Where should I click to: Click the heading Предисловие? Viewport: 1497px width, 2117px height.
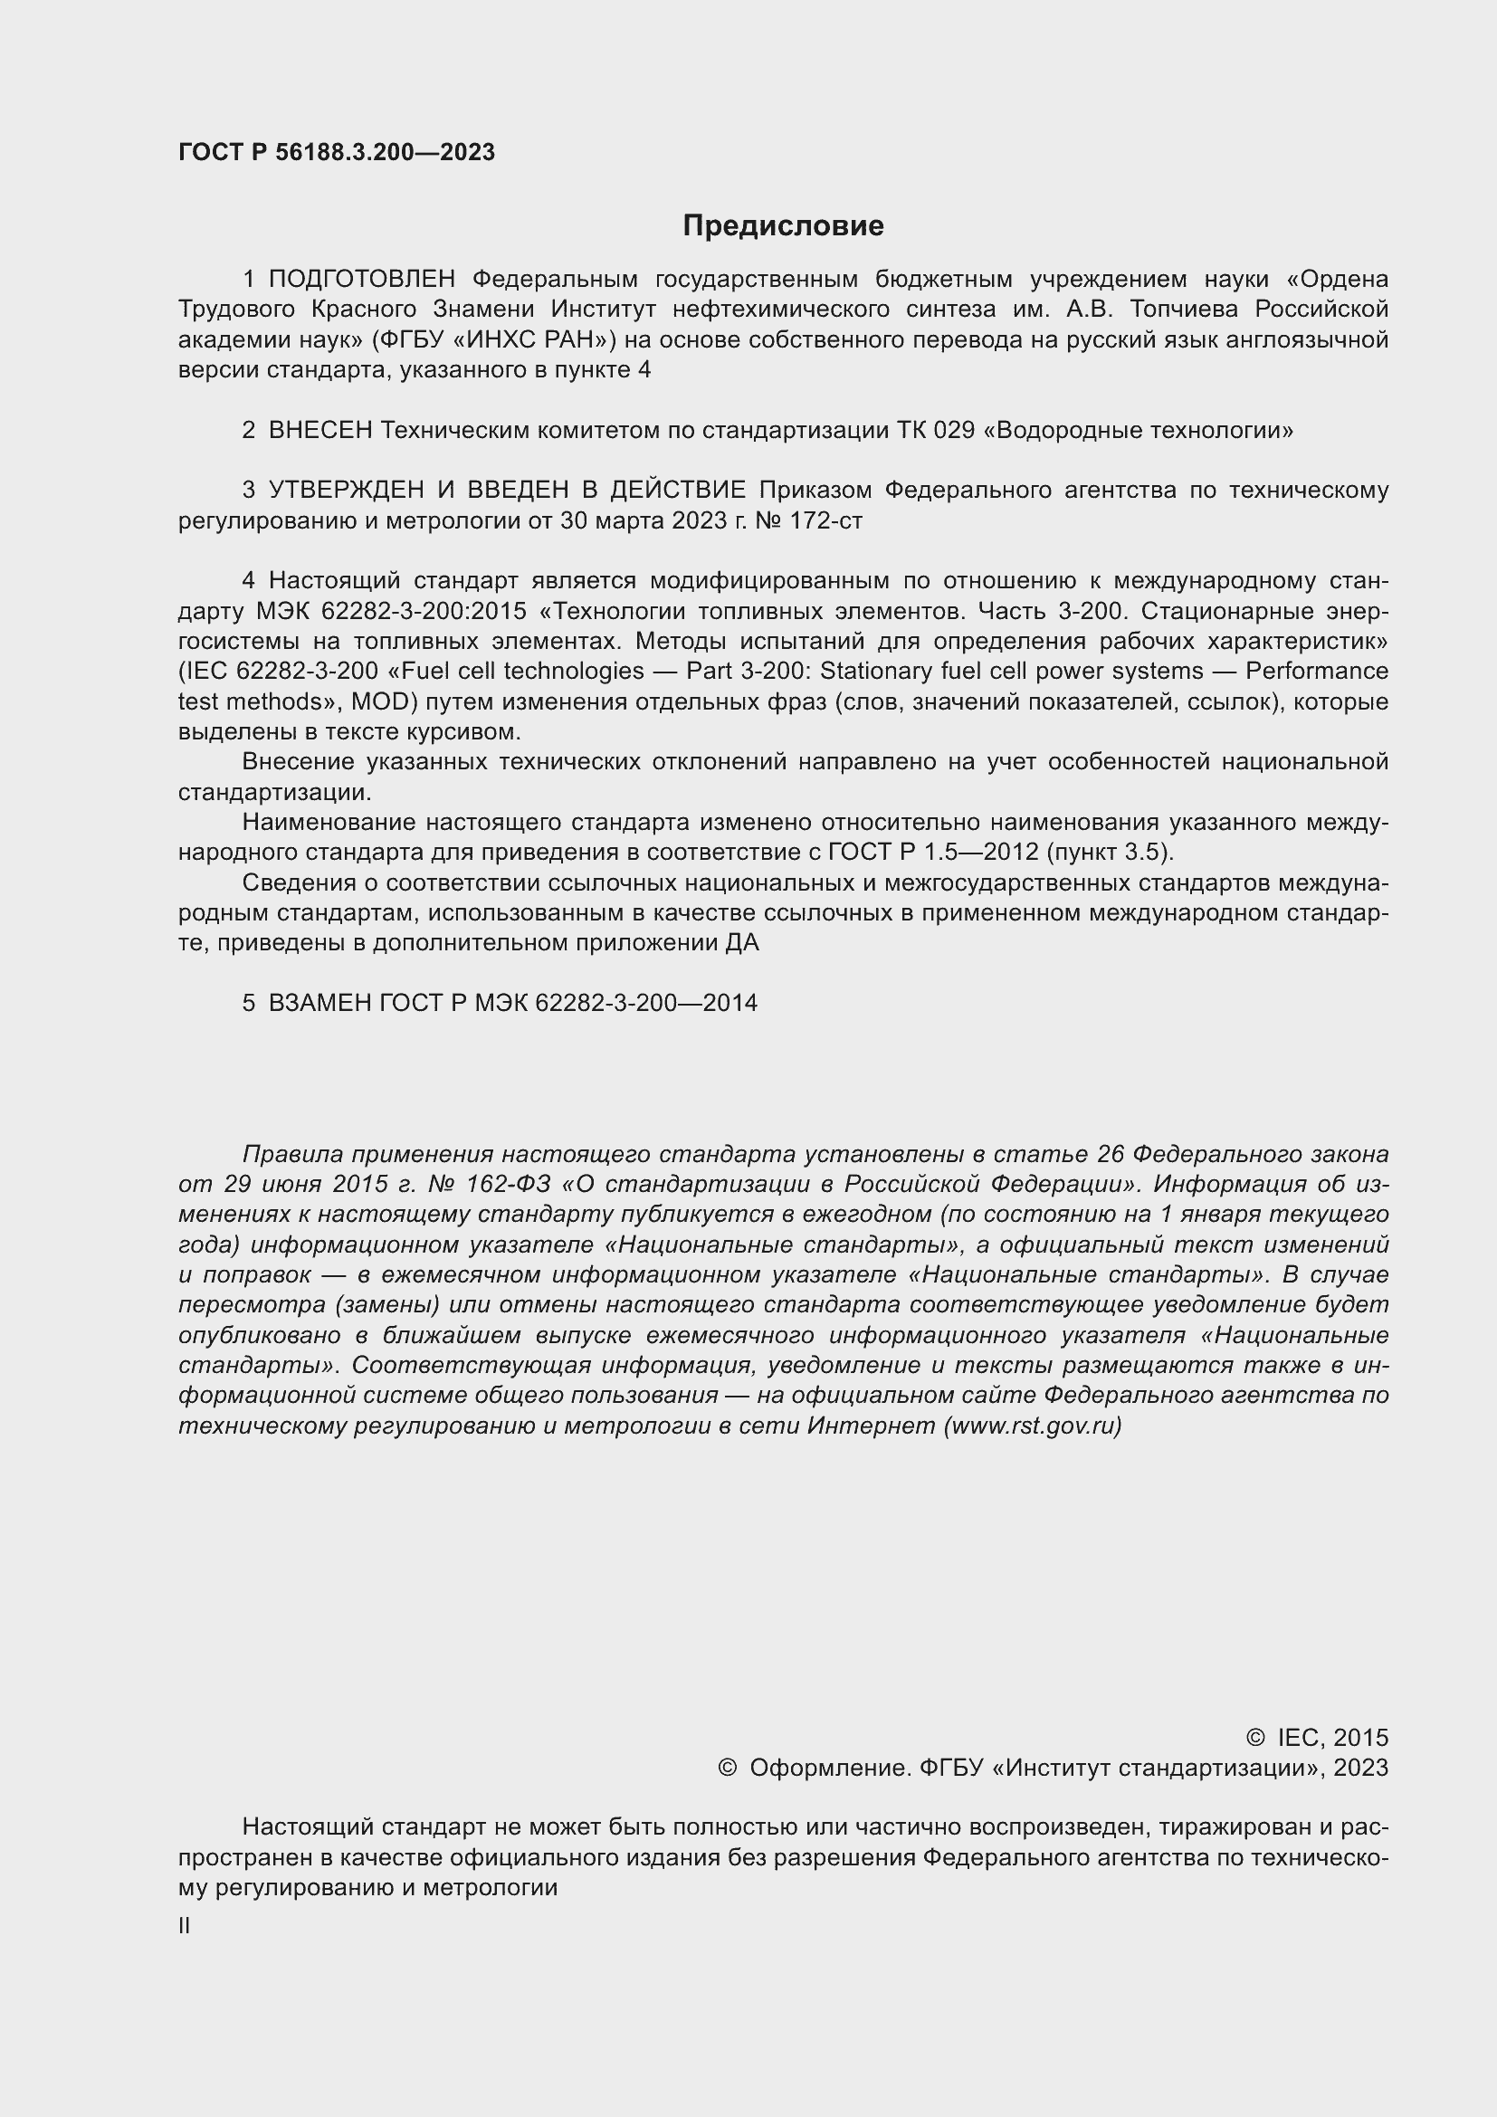pyautogui.click(x=783, y=226)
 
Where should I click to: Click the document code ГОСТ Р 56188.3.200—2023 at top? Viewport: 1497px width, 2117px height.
pyautogui.click(x=337, y=153)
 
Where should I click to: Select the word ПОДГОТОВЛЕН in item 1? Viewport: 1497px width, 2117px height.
pyautogui.click(x=362, y=280)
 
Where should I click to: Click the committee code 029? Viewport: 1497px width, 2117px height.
pyautogui.click(x=953, y=431)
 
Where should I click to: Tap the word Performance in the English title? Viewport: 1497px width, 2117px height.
pyautogui.click(x=1316, y=672)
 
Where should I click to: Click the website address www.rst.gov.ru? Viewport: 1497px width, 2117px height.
pyautogui.click(x=1034, y=1426)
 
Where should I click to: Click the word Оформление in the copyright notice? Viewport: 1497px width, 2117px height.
pyautogui.click(x=830, y=1768)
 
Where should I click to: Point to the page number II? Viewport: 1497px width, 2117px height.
pyautogui.click(x=185, y=1925)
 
